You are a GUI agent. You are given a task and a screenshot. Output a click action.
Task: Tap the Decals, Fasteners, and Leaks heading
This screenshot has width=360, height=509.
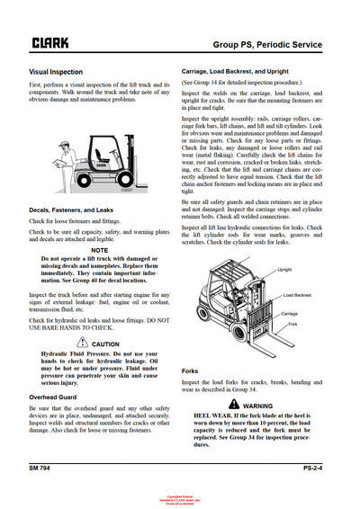(x=76, y=211)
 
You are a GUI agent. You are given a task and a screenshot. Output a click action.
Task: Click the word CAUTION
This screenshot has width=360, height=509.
(x=104, y=344)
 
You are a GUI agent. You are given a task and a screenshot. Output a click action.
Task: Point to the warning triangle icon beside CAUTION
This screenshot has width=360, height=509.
(x=83, y=344)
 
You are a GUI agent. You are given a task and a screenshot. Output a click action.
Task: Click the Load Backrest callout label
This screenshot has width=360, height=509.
(x=297, y=295)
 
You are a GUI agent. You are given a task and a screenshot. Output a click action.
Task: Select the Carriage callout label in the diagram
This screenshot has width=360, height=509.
(x=289, y=314)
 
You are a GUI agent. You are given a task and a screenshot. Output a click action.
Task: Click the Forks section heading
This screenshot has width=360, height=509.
(x=190, y=371)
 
